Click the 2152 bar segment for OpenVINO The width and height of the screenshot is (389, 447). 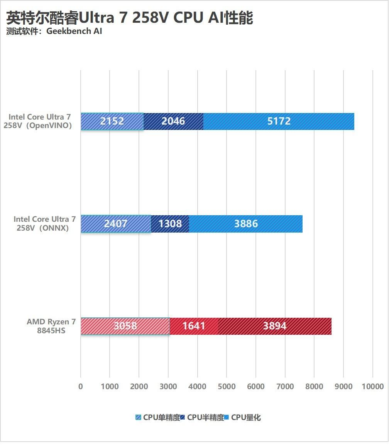112,121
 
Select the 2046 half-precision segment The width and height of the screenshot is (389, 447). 173,121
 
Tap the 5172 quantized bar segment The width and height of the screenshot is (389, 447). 279,121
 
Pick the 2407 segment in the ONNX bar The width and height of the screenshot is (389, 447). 115,224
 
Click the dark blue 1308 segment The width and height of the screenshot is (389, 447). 170,224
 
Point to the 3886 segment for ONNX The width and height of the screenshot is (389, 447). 246,224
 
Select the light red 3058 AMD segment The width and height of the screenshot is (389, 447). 125,326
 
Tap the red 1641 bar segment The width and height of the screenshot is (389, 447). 194,326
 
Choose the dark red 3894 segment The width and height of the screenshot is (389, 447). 275,326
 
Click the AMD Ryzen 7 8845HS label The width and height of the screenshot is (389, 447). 51,326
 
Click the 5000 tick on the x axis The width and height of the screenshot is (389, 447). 227,386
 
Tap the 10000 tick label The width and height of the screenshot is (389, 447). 372,386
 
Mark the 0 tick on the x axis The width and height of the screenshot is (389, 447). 81,386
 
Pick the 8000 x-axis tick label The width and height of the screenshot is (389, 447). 314,386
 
